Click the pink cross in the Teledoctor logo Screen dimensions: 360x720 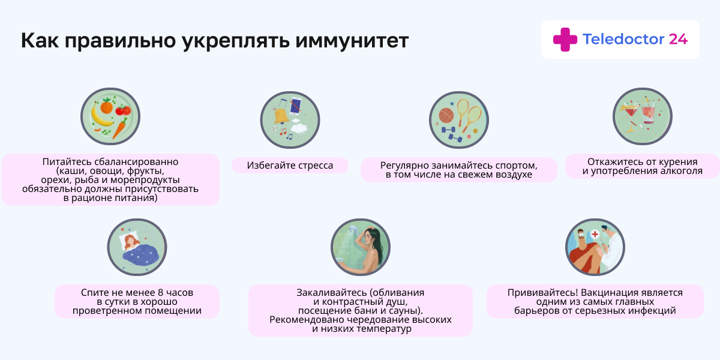[565, 40]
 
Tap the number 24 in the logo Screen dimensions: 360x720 [678, 40]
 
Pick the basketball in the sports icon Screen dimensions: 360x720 [446, 115]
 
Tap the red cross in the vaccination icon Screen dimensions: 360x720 [594, 234]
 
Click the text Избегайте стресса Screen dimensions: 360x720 [290, 165]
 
